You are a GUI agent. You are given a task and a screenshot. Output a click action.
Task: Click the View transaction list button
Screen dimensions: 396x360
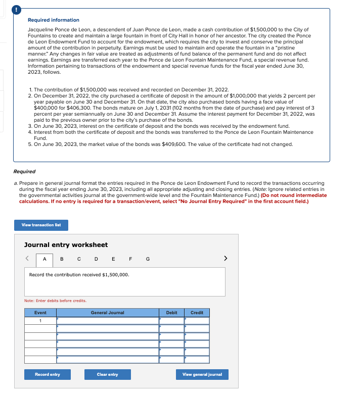[x=41, y=225]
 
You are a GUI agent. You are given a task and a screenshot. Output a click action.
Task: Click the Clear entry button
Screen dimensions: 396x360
[x=107, y=374]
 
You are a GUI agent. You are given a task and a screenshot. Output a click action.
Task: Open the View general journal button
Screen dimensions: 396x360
[x=202, y=374]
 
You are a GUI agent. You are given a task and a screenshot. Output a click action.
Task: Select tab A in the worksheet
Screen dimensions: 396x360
[x=44, y=259]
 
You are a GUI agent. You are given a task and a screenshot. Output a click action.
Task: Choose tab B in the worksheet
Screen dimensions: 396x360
[x=62, y=259]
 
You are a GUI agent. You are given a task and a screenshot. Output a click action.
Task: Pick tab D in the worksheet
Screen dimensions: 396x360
[x=96, y=259]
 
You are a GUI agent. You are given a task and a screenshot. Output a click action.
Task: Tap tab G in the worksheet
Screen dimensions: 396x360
[x=147, y=259]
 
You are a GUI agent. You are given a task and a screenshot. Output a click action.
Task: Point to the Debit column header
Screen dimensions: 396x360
[x=171, y=313]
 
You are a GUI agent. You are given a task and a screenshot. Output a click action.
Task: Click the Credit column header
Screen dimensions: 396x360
[x=197, y=313]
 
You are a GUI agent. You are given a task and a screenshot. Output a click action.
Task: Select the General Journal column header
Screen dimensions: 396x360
[x=107, y=313]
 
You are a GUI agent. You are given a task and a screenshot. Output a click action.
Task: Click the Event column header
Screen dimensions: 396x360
[x=40, y=313]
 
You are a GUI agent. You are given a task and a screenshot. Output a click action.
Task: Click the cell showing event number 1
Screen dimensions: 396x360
[x=40, y=321]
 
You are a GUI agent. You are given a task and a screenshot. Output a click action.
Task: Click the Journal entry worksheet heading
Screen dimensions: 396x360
[x=66, y=244]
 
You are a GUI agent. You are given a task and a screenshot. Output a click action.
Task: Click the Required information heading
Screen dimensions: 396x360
[x=53, y=20]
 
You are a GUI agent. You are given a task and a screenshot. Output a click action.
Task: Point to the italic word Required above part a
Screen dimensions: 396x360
[x=24, y=172]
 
